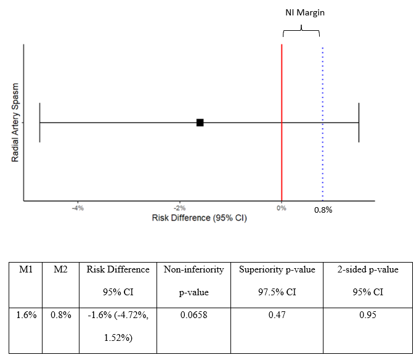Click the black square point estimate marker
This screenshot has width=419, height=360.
[200, 123]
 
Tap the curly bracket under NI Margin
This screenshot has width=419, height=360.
[301, 31]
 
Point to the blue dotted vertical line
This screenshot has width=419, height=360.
[322, 154]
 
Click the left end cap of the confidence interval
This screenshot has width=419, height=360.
[39, 123]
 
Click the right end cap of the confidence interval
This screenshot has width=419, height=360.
[359, 123]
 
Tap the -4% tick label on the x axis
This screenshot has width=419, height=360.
[78, 208]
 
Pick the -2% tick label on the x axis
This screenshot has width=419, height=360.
[179, 208]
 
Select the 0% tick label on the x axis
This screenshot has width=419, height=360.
[282, 208]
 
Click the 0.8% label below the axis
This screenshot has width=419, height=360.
[323, 210]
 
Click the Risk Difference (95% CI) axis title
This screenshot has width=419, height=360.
[200, 218]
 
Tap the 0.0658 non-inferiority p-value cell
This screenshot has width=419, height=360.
[193, 315]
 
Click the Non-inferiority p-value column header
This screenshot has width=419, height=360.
[193, 280]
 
